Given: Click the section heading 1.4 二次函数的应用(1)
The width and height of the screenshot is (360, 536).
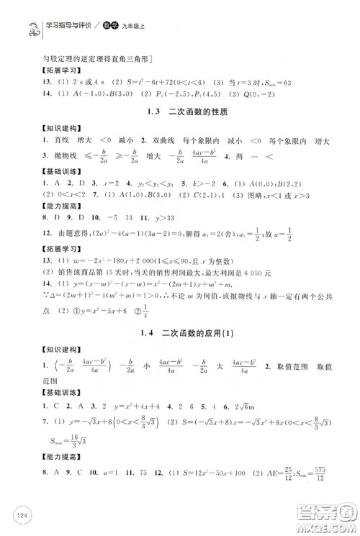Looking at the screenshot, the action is pos(179,333).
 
